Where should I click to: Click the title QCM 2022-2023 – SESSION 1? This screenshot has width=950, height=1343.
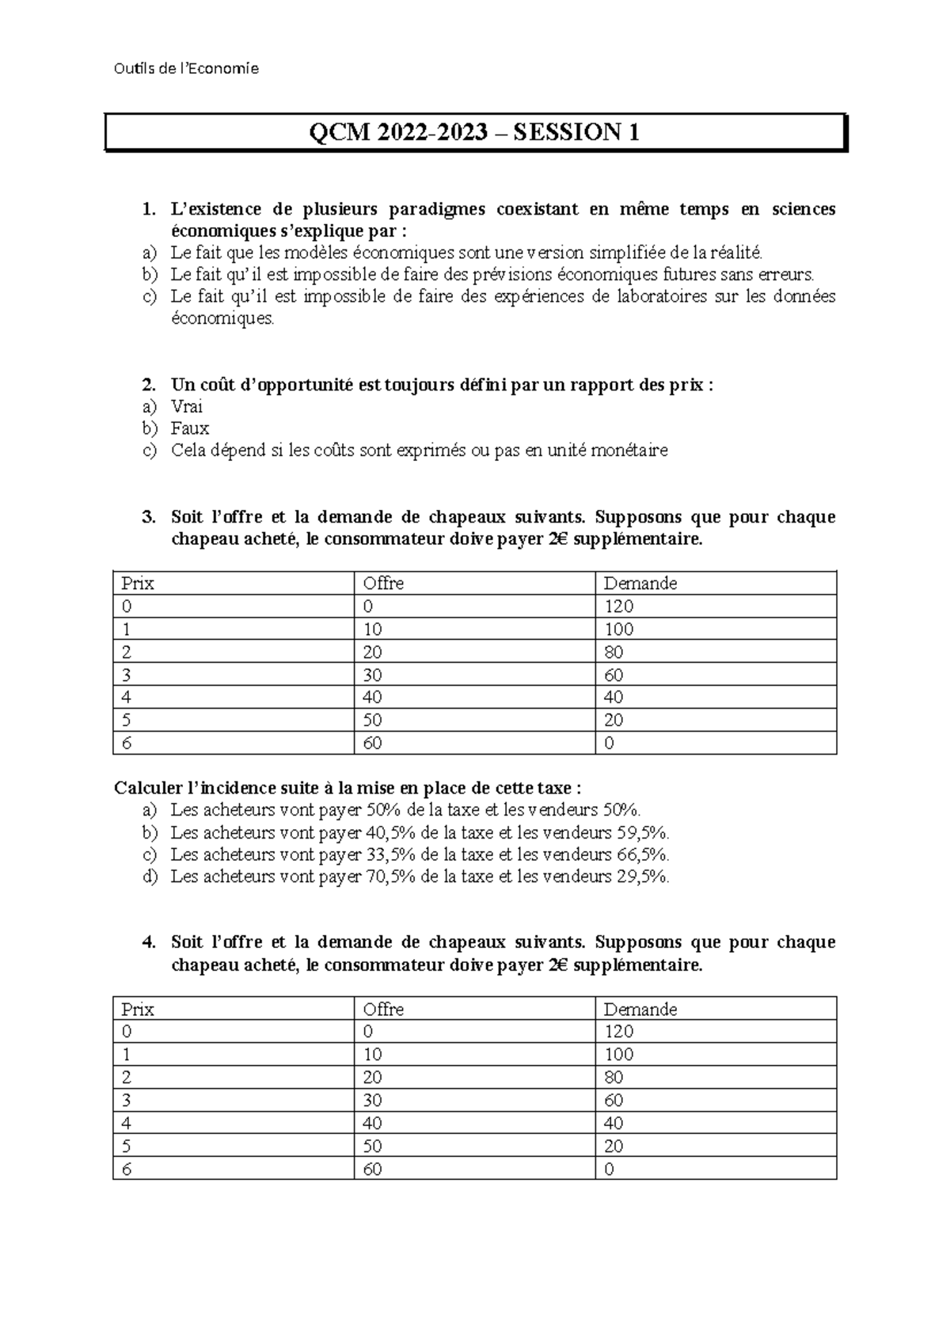(475, 132)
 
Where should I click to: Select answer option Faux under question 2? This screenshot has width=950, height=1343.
(190, 428)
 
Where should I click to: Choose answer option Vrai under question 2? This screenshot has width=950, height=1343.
(187, 406)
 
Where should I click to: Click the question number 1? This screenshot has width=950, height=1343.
(147, 209)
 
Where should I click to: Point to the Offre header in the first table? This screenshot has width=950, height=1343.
(383, 584)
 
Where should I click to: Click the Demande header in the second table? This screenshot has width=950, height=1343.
(640, 1009)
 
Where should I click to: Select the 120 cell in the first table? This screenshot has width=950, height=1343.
(618, 607)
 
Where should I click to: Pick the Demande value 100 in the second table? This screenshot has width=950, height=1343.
(618, 1055)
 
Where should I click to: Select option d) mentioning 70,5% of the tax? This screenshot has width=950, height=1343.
(420, 877)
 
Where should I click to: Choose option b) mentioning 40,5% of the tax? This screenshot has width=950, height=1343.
(420, 832)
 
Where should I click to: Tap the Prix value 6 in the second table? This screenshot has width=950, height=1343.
(126, 1169)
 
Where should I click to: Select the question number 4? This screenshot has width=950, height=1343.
(147, 942)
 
